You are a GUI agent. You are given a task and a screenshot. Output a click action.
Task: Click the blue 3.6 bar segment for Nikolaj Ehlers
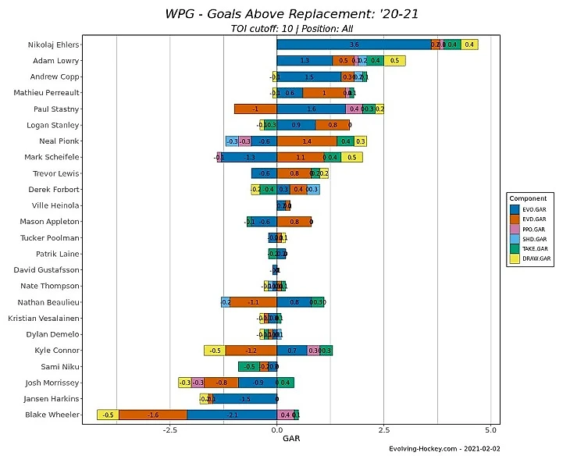(354, 45)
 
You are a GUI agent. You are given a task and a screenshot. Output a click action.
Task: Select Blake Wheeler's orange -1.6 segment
(153, 415)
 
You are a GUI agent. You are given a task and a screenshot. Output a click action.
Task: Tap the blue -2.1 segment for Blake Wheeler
(232, 415)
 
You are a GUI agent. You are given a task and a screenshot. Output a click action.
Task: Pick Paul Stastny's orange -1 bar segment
(255, 109)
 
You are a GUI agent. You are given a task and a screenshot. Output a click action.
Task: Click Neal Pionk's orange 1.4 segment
(307, 141)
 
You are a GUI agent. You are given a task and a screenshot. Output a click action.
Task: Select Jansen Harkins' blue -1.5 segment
(245, 399)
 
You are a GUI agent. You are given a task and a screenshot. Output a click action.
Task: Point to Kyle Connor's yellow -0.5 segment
(215, 351)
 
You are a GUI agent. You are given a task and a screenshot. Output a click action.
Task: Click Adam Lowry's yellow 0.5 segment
(394, 60)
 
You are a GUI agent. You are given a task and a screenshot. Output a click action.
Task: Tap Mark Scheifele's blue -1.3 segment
(250, 157)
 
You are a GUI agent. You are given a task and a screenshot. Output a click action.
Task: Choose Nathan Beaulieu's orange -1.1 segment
(254, 302)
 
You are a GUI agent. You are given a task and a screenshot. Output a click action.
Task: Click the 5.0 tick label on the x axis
(490, 429)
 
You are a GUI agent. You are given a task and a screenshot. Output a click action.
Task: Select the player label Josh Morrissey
(52, 383)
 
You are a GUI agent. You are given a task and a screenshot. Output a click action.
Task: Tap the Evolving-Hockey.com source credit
(444, 449)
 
